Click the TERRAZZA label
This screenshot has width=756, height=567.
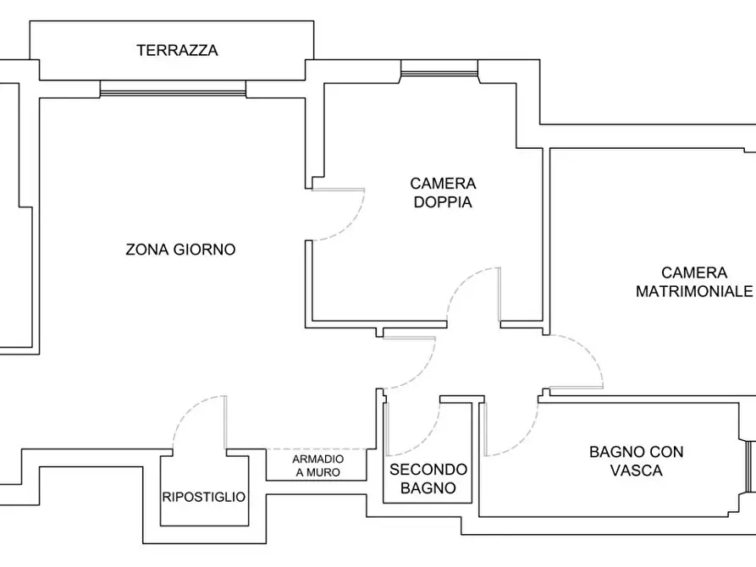click(177, 51)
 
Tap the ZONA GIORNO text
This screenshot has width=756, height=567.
click(180, 250)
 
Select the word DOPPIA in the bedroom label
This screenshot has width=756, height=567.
click(443, 203)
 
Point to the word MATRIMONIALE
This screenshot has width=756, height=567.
click(694, 291)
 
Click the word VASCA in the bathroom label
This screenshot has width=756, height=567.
click(637, 471)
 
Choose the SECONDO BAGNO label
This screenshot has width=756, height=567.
click(428, 479)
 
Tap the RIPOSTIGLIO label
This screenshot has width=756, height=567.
click(204, 498)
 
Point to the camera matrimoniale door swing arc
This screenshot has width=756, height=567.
click(588, 351)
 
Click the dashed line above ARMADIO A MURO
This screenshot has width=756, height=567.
click(317, 449)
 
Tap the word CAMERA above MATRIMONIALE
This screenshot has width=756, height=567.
click(693, 272)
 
